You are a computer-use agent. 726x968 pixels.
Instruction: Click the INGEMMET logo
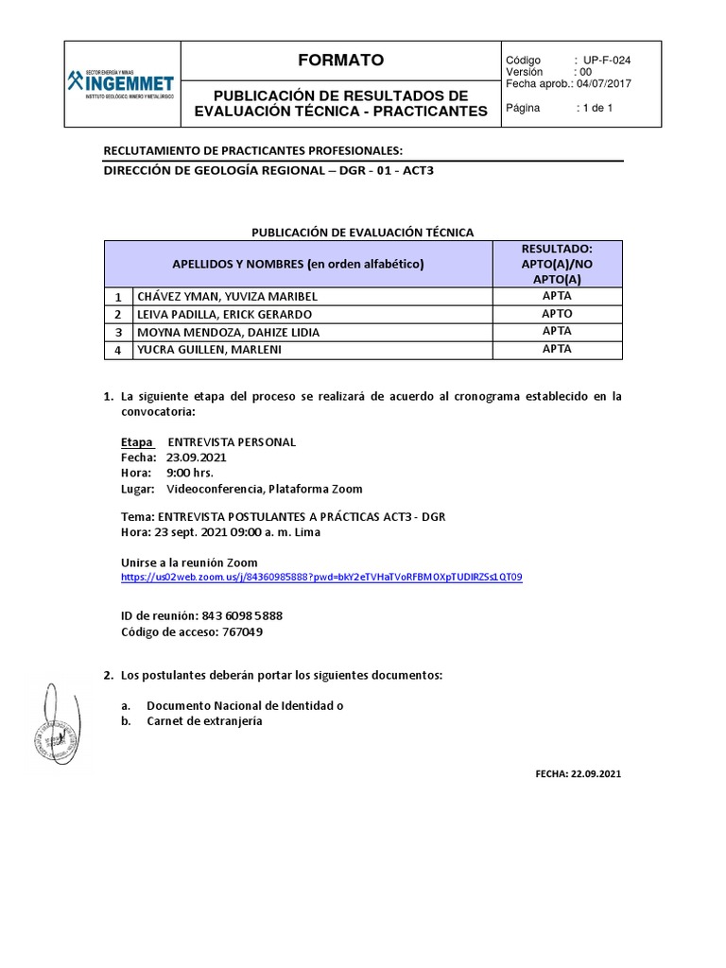[x=121, y=83]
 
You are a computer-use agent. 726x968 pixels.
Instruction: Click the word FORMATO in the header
[x=340, y=60]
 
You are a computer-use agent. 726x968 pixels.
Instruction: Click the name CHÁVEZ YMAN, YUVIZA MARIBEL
[x=229, y=296]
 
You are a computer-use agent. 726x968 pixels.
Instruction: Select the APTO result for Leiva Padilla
[x=557, y=313]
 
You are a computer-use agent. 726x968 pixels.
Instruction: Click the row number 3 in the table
[x=118, y=332]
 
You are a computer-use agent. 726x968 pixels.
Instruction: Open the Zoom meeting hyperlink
[x=321, y=577]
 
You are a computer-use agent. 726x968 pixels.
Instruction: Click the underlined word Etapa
[x=138, y=442]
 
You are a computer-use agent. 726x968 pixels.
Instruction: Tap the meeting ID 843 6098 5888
[x=242, y=615]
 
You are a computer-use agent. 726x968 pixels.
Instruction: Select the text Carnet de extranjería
[x=204, y=721]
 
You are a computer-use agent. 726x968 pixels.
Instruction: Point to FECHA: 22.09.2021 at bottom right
[x=579, y=773]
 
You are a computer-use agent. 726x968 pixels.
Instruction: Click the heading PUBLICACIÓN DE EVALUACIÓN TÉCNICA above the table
[x=362, y=232]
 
